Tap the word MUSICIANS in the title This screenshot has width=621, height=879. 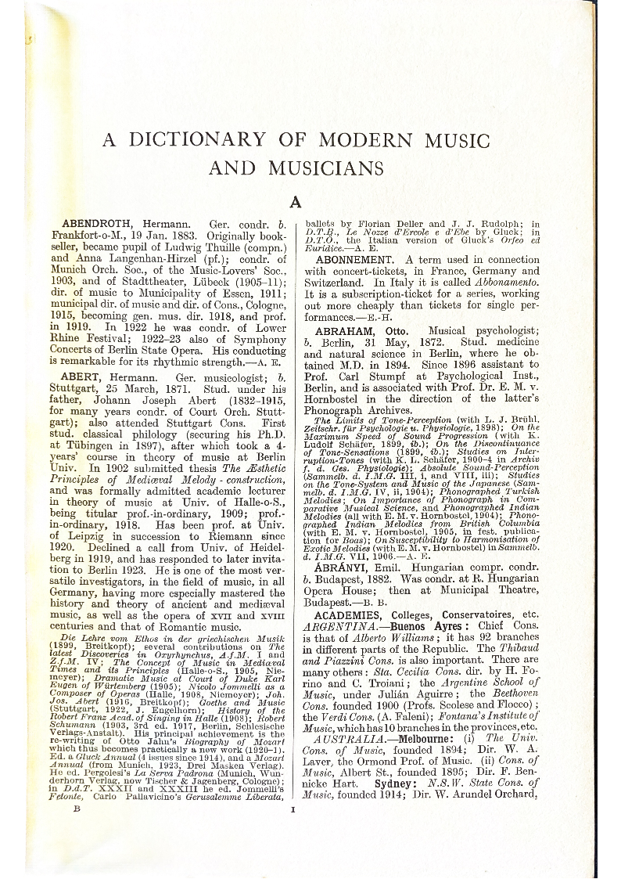pos(326,168)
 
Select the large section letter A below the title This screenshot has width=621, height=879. pos(296,202)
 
